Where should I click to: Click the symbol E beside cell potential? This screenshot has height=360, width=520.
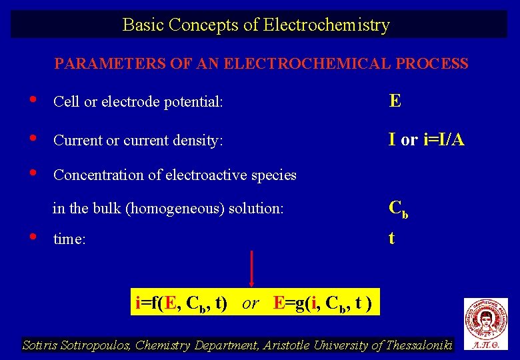395,101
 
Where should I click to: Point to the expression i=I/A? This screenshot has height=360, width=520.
444,139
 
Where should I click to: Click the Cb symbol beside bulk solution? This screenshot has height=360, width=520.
398,209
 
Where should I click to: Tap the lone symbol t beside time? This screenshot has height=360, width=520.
391,238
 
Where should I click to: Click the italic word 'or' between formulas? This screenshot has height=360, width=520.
250,303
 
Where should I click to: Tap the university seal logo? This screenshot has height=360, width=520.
485,320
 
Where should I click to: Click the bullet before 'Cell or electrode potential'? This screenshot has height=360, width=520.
33,100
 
